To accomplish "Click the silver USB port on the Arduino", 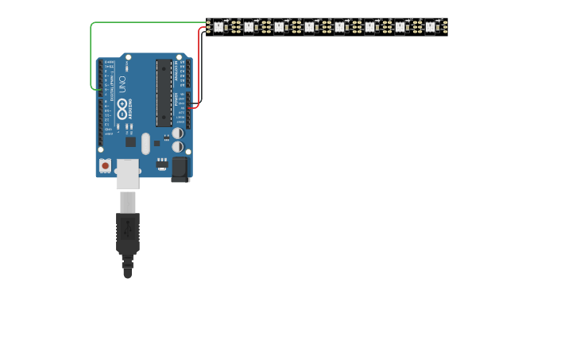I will tap(127, 173).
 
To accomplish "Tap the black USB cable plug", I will tap(127, 234).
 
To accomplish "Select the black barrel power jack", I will tap(180, 168).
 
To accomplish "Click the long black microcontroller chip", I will tap(164, 92).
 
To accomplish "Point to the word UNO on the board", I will tap(123, 83).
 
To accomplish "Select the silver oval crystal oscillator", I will tap(145, 143).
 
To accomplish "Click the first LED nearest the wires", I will tap(218, 27).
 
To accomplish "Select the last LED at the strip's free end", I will tap(430, 27).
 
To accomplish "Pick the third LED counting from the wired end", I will tap(279, 27).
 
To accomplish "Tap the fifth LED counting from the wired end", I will tap(339, 27).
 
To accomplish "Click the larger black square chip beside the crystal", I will tap(130, 141).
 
